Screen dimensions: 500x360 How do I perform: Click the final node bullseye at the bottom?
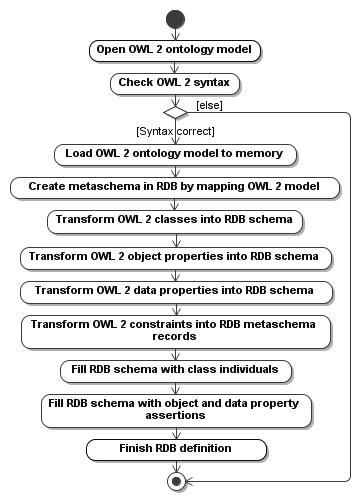[176, 481]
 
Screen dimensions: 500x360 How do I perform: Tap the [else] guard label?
[209, 105]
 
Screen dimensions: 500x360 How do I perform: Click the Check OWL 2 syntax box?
[176, 81]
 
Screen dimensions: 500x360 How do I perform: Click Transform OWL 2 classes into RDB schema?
[176, 221]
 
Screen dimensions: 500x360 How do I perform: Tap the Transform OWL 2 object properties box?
[176, 256]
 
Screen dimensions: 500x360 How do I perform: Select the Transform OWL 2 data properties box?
[176, 290]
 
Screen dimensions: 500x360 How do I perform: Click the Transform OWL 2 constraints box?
[176, 330]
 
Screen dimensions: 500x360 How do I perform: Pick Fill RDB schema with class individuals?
[176, 370]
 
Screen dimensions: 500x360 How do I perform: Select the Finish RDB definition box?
[176, 447]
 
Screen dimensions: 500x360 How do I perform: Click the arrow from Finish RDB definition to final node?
[176, 464]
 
